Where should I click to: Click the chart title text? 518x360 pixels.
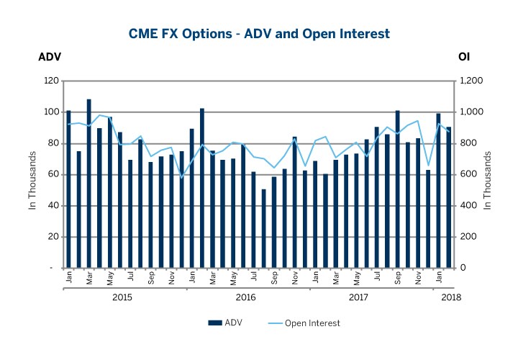[x=260, y=33]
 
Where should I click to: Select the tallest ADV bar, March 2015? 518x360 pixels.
[x=89, y=184]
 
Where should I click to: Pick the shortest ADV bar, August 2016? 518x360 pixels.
[x=264, y=228]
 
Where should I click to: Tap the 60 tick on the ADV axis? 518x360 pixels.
[x=51, y=175]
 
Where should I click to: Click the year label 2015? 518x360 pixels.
[x=123, y=297]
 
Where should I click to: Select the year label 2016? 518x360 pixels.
[x=246, y=297]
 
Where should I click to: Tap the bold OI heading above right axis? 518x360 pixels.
[x=464, y=57]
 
